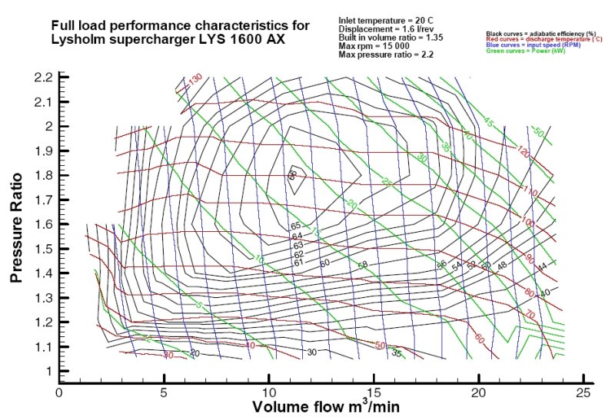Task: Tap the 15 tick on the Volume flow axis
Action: pos(374,392)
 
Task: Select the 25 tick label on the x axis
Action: pos(583,392)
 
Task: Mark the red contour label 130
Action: pos(195,79)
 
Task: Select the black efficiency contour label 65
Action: pos(295,226)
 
